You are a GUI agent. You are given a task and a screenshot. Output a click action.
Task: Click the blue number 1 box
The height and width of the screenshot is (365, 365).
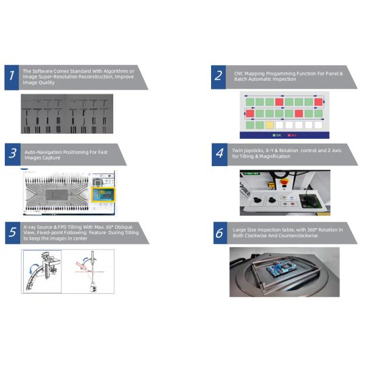tap(12, 77)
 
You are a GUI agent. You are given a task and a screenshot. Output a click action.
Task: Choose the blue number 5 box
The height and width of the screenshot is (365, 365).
tap(12, 232)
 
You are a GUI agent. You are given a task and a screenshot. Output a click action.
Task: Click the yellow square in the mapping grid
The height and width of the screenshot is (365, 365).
tap(269, 125)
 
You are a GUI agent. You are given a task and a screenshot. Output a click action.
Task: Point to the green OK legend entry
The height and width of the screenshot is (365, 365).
tap(278, 134)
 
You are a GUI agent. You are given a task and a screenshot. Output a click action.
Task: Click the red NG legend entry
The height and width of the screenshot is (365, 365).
tap(293, 134)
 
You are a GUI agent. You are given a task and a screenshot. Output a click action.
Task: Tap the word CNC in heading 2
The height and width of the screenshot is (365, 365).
tap(239, 73)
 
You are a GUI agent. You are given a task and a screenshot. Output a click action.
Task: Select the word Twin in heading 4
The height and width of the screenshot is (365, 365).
tap(237, 150)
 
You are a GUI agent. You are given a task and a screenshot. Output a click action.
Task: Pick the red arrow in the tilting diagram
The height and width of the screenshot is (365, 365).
tap(80, 265)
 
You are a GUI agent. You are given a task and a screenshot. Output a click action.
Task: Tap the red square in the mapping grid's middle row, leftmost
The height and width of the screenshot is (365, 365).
tap(249, 113)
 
